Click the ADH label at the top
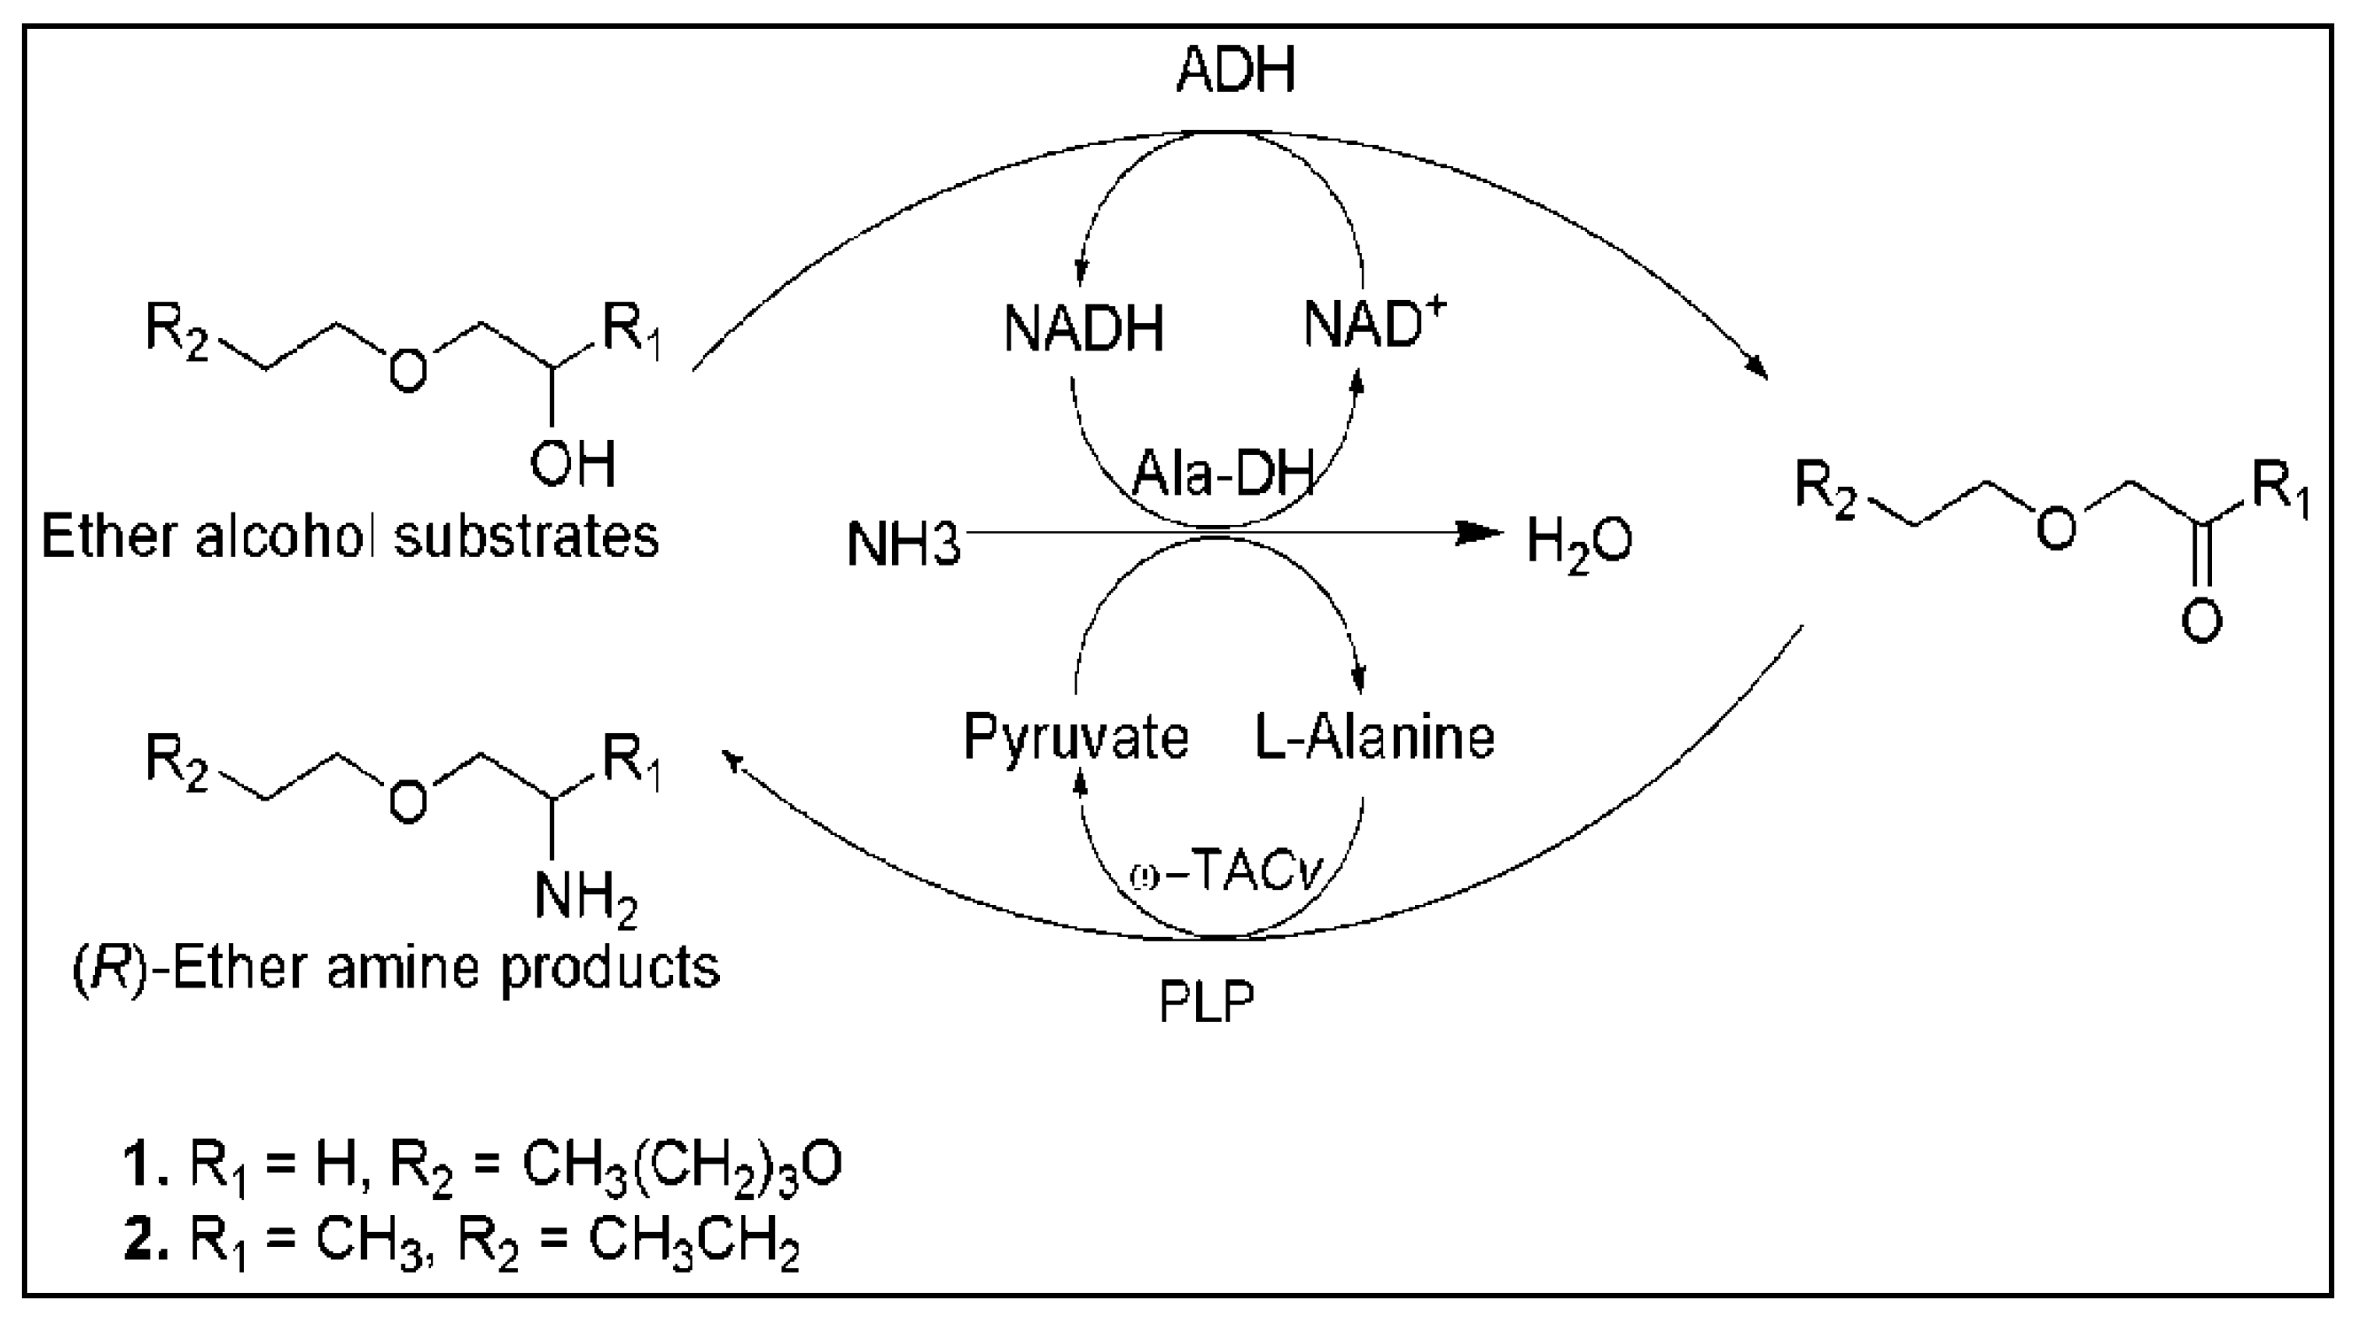click(1236, 71)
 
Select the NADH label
click(1083, 329)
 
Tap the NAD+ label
click(1374, 325)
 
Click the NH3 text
click(903, 545)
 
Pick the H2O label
click(1579, 542)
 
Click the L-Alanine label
click(1374, 738)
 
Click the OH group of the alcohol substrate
click(573, 464)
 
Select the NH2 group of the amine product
click(584, 896)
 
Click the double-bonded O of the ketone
click(2200, 621)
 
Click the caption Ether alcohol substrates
click(350, 537)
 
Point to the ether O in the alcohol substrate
click(407, 370)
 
